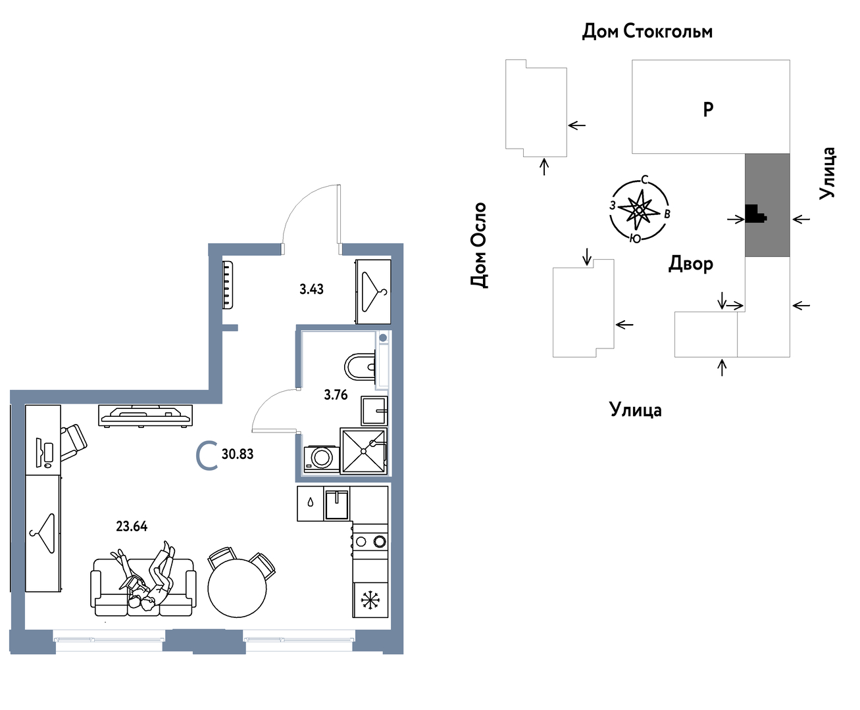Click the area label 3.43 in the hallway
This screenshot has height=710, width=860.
(x=311, y=289)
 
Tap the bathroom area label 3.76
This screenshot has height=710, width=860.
(x=336, y=394)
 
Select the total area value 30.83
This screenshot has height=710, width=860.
(x=238, y=454)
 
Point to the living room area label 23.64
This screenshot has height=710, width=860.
(x=132, y=527)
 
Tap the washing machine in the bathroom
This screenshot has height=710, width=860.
(x=321, y=458)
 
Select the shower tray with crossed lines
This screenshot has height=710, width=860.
(x=364, y=451)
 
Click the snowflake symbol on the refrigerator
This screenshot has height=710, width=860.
(x=370, y=600)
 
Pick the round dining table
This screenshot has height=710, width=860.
(x=238, y=588)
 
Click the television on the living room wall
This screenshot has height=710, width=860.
(x=145, y=415)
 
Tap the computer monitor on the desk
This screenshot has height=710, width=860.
(x=39, y=453)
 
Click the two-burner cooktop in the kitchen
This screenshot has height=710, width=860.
(x=370, y=541)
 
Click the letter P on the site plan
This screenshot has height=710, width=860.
(x=707, y=109)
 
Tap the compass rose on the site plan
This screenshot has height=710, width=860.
(x=639, y=210)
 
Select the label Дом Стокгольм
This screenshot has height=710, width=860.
(x=647, y=32)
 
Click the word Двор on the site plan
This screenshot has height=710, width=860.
(x=690, y=264)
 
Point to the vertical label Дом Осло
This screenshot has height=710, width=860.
(x=478, y=245)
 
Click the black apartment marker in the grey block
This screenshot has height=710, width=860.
(x=755, y=214)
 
